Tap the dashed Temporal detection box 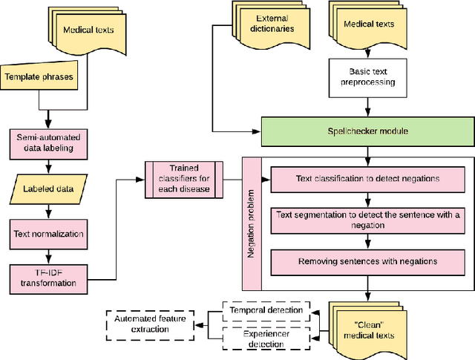[266, 310]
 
